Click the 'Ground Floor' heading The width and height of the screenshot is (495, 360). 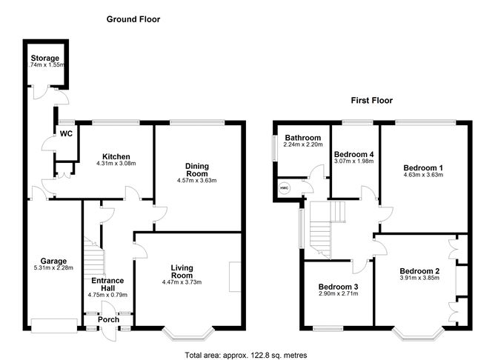(133, 19)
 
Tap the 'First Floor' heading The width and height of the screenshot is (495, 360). (372, 100)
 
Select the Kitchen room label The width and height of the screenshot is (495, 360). (116, 156)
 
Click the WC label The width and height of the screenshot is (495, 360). (66, 134)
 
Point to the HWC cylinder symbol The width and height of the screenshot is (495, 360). (285, 188)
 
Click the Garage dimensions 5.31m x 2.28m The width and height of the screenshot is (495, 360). (53, 268)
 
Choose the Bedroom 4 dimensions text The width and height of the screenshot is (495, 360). (354, 161)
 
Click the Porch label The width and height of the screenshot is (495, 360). (108, 319)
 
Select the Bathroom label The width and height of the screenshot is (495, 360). (303, 138)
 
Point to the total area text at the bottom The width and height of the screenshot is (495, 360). (245, 356)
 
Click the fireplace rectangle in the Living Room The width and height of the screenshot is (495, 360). (235, 277)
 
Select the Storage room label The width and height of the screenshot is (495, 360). (44, 58)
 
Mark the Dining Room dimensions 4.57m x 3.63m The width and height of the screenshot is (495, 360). (197, 181)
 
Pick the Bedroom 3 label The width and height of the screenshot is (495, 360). (338, 287)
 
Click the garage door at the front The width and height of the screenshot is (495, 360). (54, 326)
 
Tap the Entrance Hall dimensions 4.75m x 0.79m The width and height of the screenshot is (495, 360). (107, 295)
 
